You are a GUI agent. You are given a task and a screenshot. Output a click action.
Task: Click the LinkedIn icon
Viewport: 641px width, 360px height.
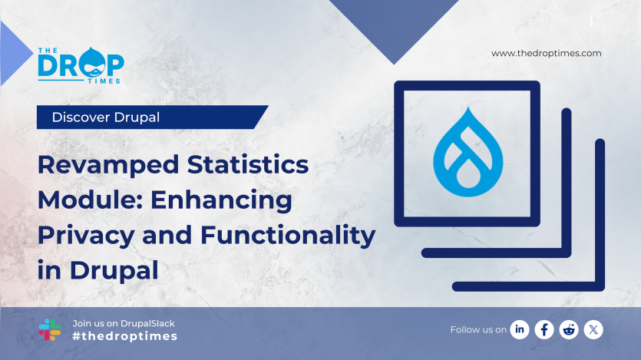(x=520, y=329)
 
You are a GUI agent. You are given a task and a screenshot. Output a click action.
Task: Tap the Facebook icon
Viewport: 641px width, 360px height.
(x=544, y=329)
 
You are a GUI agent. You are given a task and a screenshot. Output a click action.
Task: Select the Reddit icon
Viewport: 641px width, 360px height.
(x=569, y=329)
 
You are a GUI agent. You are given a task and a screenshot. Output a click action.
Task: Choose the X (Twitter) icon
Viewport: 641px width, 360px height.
(x=593, y=329)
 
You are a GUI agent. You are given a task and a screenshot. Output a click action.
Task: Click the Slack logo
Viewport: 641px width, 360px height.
(x=50, y=329)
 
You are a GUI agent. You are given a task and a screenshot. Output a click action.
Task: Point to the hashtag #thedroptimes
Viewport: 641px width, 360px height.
(x=124, y=336)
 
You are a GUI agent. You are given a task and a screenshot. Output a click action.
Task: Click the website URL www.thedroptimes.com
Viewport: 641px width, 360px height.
(x=546, y=53)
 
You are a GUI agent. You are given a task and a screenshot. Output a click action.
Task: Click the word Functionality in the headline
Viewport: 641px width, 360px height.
(x=288, y=236)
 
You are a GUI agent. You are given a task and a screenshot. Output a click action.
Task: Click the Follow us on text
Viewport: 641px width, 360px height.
(x=477, y=329)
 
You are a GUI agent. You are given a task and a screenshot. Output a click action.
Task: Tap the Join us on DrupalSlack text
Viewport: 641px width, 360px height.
(x=123, y=323)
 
